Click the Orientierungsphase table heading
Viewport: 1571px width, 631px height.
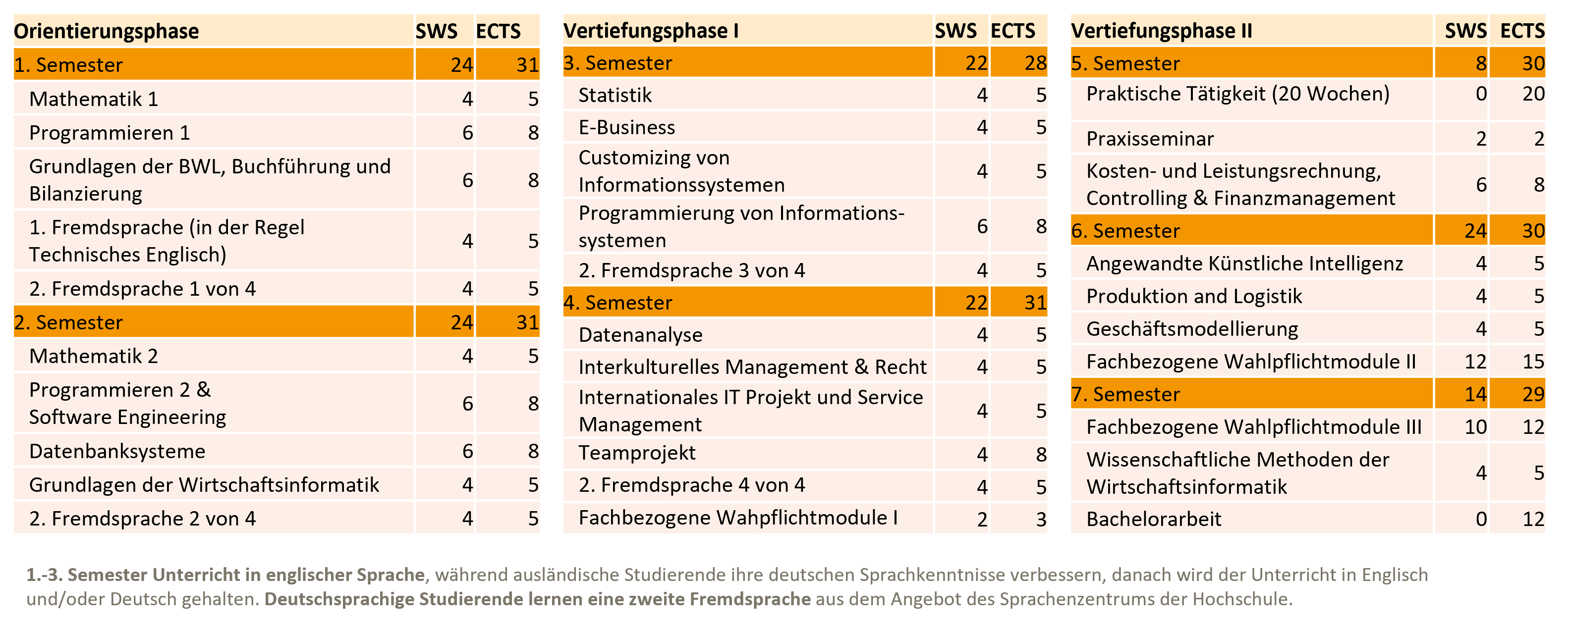[106, 31]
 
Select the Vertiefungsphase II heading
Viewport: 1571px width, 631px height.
[1161, 31]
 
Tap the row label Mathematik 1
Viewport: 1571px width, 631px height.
[93, 99]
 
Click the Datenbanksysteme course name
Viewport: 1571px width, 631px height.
[117, 451]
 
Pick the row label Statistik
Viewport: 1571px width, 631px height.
[615, 95]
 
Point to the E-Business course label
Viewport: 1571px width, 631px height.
[626, 127]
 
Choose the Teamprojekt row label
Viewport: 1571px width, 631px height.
[637, 453]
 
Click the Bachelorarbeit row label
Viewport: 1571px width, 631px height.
[1153, 519]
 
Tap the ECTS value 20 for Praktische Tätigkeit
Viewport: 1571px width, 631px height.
[1532, 94]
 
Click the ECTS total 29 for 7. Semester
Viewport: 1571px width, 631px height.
[1532, 394]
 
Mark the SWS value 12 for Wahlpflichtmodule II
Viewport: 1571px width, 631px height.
[1475, 362]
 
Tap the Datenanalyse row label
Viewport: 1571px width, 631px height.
[640, 335]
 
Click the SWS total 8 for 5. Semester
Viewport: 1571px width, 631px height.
[1480, 63]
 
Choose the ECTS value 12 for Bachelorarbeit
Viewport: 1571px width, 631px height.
[1532, 519]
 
